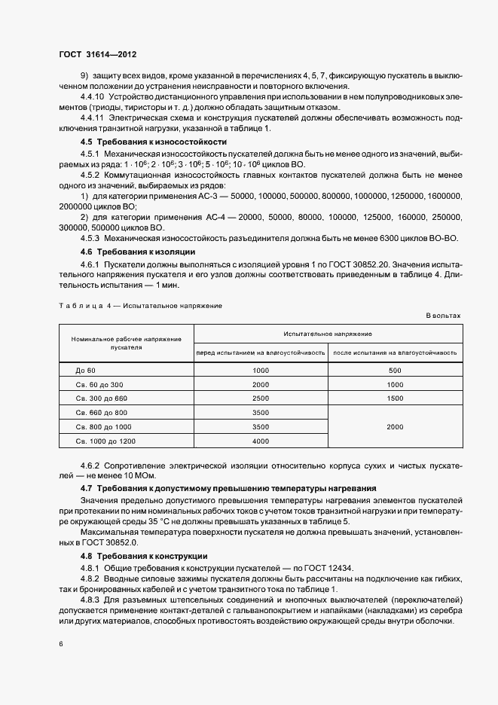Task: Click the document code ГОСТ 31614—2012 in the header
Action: pos(97,55)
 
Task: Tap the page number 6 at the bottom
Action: pos(61,644)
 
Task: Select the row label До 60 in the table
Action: pos(86,371)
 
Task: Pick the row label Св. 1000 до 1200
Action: pos(105,441)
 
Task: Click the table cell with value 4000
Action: pos(261,441)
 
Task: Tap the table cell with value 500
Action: pos(395,371)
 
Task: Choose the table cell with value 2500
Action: pos(261,398)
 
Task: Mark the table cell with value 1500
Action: pos(395,398)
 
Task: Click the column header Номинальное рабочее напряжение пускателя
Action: pos(126,343)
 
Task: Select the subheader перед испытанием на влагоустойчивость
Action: pos(261,352)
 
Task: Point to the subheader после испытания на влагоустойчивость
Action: pos(395,352)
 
